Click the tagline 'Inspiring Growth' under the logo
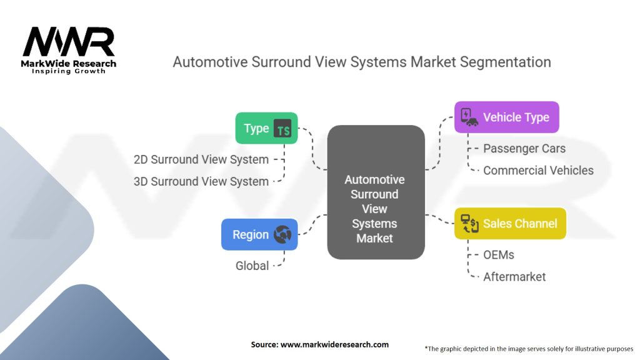(x=69, y=71)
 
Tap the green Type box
(x=266, y=128)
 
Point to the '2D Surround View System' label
(x=201, y=159)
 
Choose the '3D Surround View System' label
(x=201, y=181)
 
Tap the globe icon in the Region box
(x=282, y=234)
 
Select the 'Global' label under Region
(x=252, y=266)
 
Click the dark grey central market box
(x=376, y=192)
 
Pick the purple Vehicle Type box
(x=506, y=117)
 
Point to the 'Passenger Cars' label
(x=524, y=149)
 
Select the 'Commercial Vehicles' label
(x=538, y=170)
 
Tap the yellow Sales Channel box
(x=510, y=223)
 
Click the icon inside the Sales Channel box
(x=469, y=223)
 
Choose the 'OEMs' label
(x=499, y=255)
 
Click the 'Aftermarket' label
(x=514, y=276)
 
